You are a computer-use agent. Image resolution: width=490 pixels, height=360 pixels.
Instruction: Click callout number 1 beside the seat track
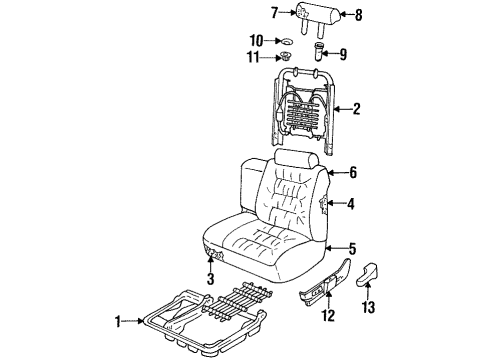[119, 321]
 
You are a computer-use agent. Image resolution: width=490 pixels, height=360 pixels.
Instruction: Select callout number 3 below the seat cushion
[210, 279]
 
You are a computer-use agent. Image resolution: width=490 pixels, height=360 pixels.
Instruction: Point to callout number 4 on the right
[350, 204]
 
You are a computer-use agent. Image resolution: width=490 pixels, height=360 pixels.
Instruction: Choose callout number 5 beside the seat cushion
[350, 249]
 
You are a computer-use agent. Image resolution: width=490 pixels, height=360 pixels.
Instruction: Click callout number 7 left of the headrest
[273, 13]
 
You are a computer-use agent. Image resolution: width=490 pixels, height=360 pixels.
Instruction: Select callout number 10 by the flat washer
[256, 41]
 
